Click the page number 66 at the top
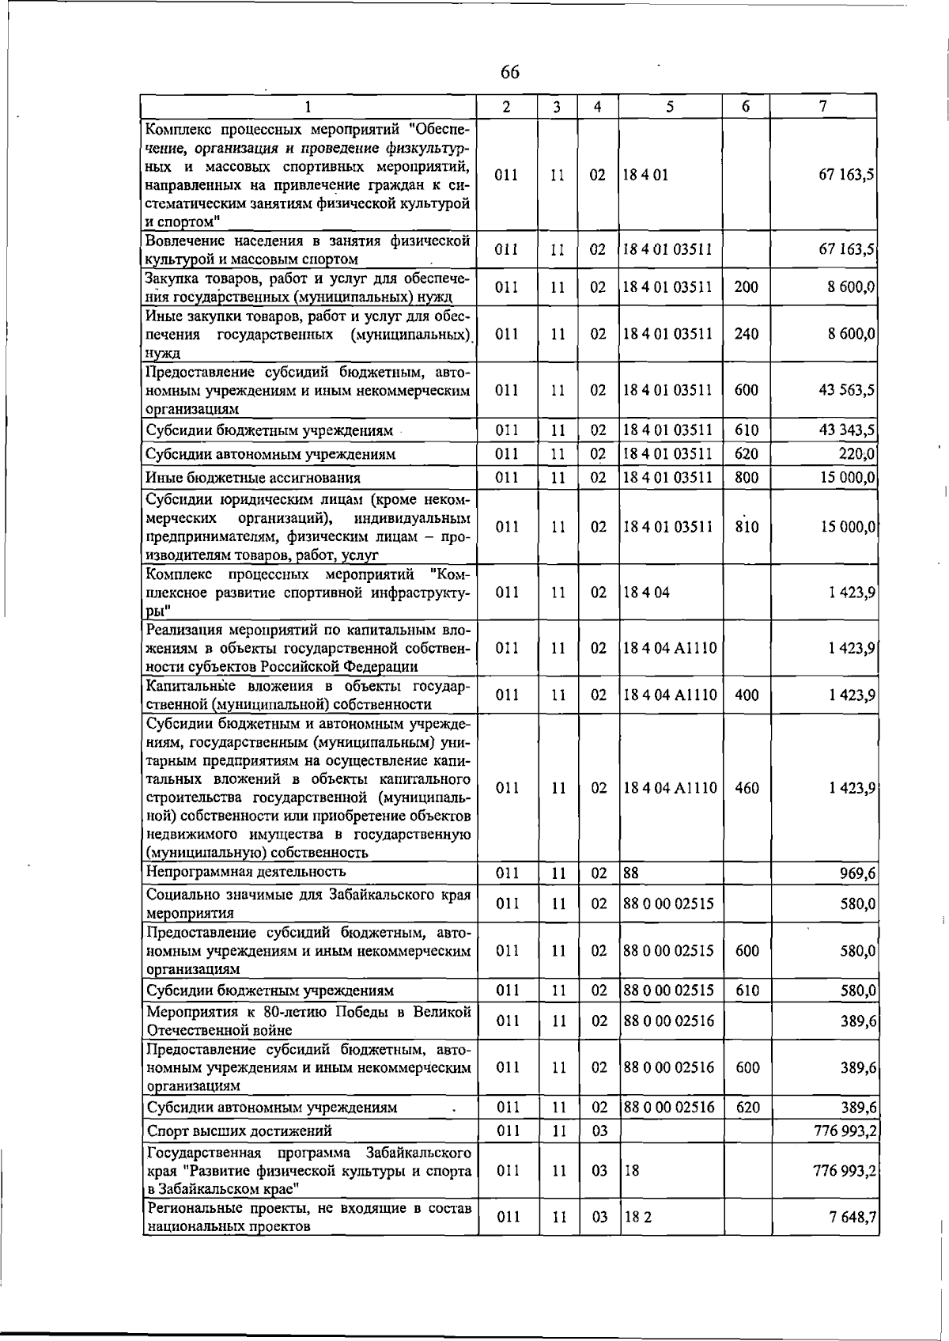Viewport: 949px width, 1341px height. click(x=510, y=72)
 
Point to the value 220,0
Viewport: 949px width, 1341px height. click(x=856, y=454)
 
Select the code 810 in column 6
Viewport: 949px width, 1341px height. click(x=746, y=527)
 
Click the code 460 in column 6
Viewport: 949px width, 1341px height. click(x=747, y=788)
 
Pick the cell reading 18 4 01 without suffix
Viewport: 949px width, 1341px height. click(x=645, y=175)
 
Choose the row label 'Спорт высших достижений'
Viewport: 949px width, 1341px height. click(x=240, y=1131)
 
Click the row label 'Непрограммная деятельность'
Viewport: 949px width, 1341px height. click(x=247, y=872)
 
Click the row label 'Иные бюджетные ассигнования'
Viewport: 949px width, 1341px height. click(x=253, y=478)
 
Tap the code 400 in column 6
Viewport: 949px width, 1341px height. click(x=746, y=695)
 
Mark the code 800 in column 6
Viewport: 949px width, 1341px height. click(x=746, y=478)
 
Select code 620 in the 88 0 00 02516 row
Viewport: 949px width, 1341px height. click(x=747, y=1108)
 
